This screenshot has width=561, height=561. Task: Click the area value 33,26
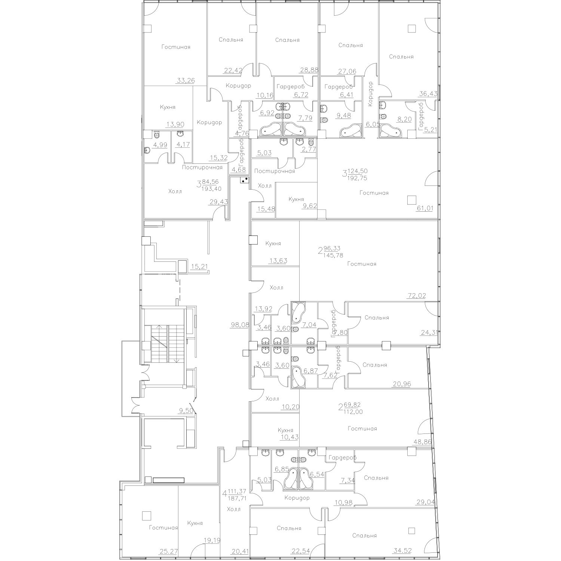[186, 80]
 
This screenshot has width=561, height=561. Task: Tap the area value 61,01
[424, 208]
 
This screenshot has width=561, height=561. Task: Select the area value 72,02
[417, 296]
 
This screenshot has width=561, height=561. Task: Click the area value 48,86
[422, 442]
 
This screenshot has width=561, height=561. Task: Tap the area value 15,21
[199, 266]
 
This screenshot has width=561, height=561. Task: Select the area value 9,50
[186, 410]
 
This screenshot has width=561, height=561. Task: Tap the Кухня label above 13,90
[168, 107]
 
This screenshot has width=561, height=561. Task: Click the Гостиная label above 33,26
[176, 47]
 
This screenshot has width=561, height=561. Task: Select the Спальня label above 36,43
[401, 56]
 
